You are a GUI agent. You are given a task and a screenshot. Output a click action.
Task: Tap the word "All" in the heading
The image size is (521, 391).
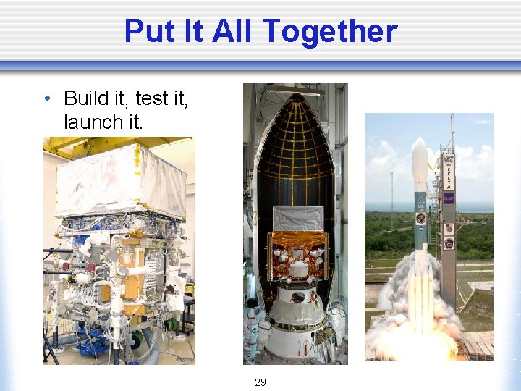pyautogui.click(x=234, y=31)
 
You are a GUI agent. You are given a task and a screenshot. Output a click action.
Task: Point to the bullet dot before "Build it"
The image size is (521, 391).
pyautogui.click(x=47, y=98)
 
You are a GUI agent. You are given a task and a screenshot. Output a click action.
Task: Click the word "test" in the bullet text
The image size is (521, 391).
pyautogui.click(x=152, y=98)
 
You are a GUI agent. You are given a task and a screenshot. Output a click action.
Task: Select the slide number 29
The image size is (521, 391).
pyautogui.click(x=260, y=382)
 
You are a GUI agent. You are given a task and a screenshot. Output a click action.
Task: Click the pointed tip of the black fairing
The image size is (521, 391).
pyautogui.click(x=295, y=96)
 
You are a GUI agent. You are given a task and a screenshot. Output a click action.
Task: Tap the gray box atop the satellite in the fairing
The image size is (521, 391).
pyautogui.click(x=297, y=218)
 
